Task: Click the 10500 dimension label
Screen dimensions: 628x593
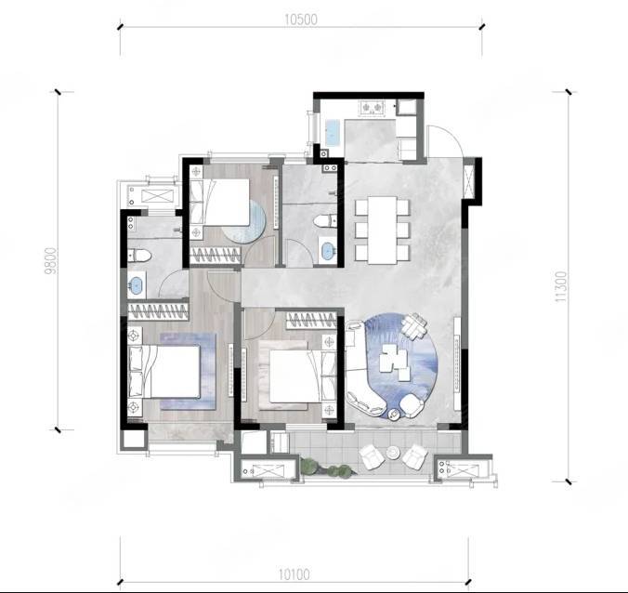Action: [301, 20]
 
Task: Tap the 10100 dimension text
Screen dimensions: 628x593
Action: [294, 574]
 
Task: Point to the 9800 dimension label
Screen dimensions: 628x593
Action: [52, 261]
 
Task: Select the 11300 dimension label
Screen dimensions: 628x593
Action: [561, 286]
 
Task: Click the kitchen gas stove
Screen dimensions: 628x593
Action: [373, 108]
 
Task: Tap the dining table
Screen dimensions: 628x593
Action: [382, 230]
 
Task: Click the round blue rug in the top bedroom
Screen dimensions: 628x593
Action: [244, 221]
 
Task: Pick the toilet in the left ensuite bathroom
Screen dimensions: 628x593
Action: [138, 256]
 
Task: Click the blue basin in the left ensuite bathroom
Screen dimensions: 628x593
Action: [137, 284]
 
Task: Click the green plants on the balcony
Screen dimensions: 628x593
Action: [328, 468]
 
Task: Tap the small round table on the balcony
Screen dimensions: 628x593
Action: [393, 453]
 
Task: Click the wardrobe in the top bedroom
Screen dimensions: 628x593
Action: [216, 256]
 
